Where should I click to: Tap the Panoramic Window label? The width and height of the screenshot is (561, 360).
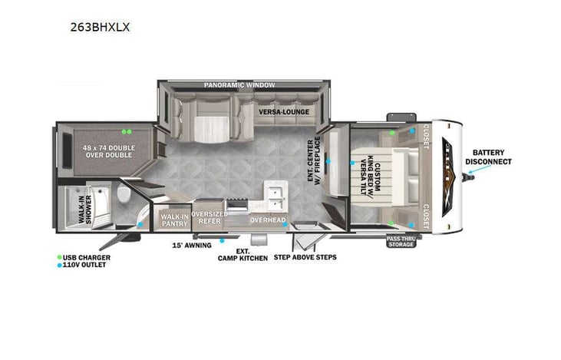239,84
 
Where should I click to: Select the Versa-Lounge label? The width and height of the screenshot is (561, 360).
284,112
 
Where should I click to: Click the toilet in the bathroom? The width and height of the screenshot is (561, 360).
124,199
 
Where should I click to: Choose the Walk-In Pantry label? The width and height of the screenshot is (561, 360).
174,220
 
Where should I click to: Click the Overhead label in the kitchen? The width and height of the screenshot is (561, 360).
267,221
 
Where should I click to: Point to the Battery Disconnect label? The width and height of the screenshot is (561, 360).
492,157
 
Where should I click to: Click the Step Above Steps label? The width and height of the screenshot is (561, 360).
305,257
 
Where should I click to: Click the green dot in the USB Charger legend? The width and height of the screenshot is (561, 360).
59,256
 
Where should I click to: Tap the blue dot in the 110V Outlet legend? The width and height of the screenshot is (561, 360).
59,265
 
